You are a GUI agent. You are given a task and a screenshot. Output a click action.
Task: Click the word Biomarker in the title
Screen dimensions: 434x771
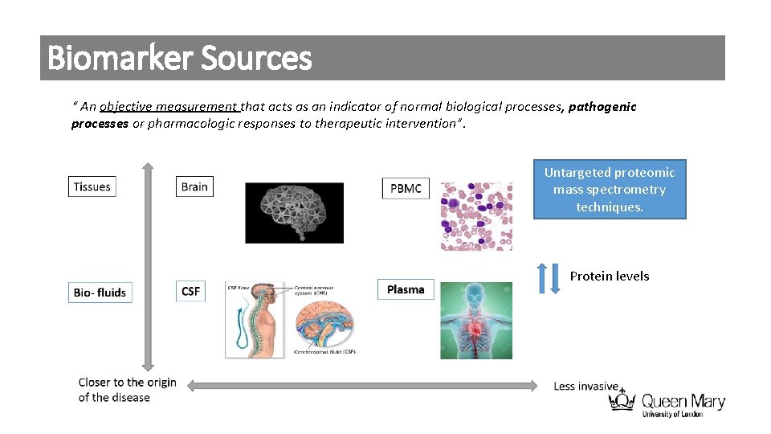pyautogui.click(x=120, y=58)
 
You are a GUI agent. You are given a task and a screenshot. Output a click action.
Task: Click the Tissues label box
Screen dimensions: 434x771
pyautogui.click(x=92, y=186)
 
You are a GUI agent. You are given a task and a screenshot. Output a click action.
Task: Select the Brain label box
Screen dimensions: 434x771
pyautogui.click(x=194, y=186)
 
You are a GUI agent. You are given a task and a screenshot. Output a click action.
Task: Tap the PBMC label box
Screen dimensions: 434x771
pyautogui.click(x=406, y=188)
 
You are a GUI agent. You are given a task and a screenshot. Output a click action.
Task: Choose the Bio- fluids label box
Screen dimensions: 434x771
pyautogui.click(x=100, y=292)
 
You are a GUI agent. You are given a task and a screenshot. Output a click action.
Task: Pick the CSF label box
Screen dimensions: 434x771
pyautogui.click(x=191, y=291)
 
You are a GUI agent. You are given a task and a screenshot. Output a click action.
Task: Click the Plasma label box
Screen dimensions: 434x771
pyautogui.click(x=406, y=289)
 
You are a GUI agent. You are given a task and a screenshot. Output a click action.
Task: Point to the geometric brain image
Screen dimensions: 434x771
pyautogui.click(x=294, y=212)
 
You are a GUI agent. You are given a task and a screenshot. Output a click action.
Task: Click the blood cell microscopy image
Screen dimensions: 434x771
pyautogui.click(x=476, y=215)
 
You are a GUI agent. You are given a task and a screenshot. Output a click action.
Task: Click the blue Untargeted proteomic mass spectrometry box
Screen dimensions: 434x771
pyautogui.click(x=610, y=190)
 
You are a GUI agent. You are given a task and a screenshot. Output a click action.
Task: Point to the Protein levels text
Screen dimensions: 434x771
pyautogui.click(x=610, y=276)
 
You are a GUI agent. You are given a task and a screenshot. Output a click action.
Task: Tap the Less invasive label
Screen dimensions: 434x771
pyautogui.click(x=585, y=387)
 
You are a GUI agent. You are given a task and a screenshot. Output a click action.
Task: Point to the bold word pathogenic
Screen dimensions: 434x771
pyautogui.click(x=602, y=107)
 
